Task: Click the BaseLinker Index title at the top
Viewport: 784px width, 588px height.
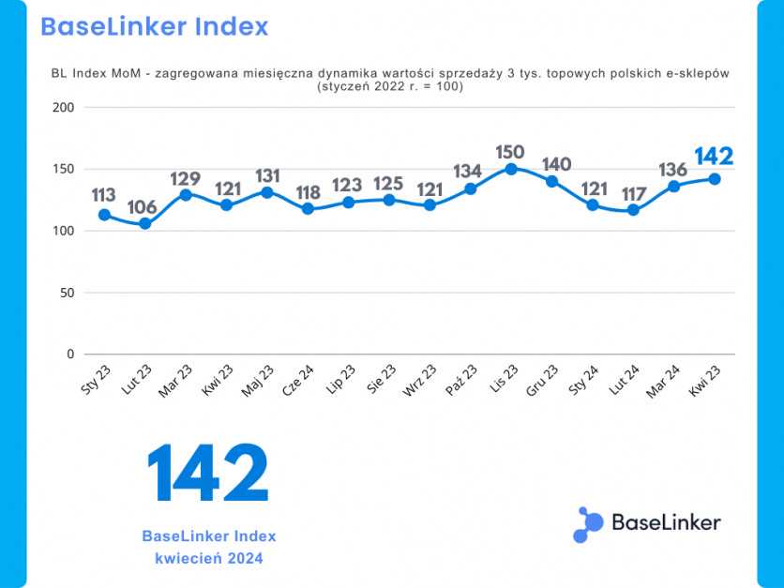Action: [155, 26]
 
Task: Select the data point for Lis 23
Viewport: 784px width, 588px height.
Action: [511, 169]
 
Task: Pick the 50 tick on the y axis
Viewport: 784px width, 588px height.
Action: [67, 293]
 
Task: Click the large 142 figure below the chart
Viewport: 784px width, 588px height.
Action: [208, 475]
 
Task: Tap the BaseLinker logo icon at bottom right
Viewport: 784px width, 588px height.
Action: [588, 524]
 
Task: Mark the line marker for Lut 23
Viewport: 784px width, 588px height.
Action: [144, 224]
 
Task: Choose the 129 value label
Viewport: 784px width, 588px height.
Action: [186, 179]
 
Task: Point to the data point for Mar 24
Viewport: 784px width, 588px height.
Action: [673, 186]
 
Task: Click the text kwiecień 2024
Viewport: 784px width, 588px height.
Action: [209, 559]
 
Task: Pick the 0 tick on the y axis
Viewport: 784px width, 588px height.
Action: [69, 354]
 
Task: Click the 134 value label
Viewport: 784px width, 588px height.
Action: [471, 172]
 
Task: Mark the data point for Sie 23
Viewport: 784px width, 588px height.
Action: [389, 200]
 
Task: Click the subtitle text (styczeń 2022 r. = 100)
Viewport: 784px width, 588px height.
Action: [391, 87]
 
